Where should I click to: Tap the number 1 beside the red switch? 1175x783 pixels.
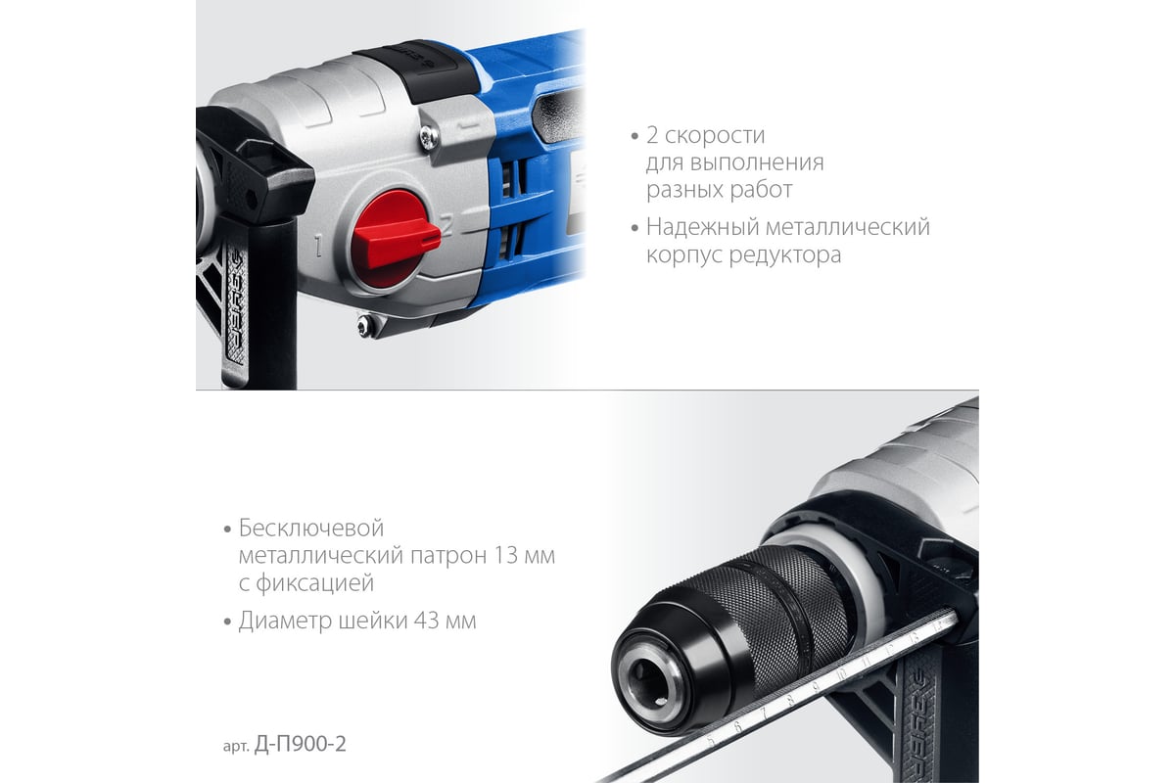coord(318,246)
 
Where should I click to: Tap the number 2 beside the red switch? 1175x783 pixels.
coord(446,223)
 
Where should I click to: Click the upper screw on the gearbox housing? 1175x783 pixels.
coord(429,138)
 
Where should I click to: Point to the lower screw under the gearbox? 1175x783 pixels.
coord(364,325)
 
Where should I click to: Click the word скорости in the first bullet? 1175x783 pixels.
coord(715,136)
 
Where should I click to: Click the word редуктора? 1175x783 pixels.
coord(784,255)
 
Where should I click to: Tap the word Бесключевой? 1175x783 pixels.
coord(311,529)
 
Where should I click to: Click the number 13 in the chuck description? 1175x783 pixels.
coord(505,555)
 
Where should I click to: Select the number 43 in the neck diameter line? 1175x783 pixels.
coord(426,621)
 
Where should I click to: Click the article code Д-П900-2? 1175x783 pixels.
coord(300,744)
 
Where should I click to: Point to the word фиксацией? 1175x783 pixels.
coord(314,583)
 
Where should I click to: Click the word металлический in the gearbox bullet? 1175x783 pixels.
coord(848,227)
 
